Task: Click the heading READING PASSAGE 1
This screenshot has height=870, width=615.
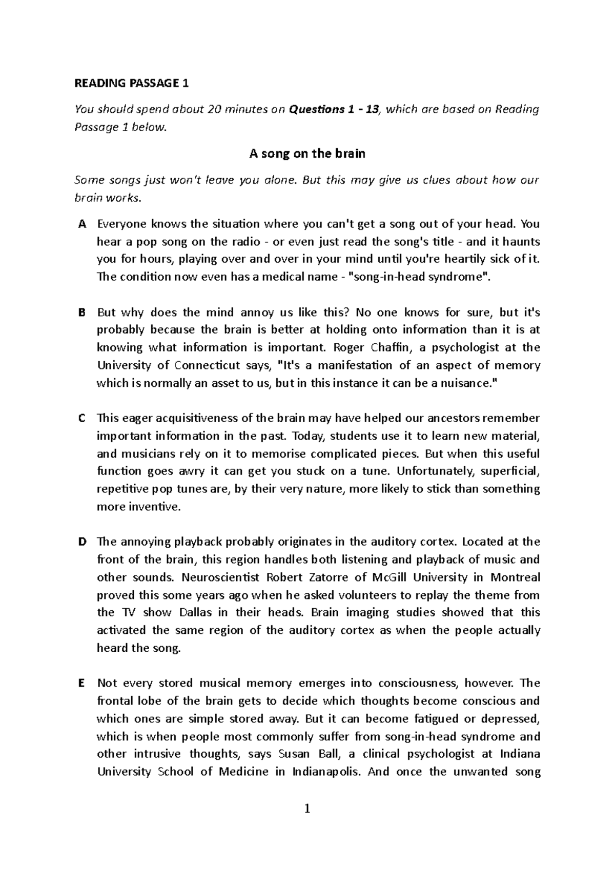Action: (x=132, y=83)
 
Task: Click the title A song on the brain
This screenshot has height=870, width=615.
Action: (x=307, y=154)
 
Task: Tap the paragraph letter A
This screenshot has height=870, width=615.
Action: (x=81, y=224)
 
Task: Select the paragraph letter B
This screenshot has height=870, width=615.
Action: (x=81, y=313)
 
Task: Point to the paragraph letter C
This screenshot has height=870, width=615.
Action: (x=81, y=418)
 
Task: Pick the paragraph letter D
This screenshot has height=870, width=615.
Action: (x=81, y=542)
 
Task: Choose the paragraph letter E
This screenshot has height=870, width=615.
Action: (x=80, y=683)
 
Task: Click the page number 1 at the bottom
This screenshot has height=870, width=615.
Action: (x=307, y=810)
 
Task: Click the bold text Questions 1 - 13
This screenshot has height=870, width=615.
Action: (x=334, y=109)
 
